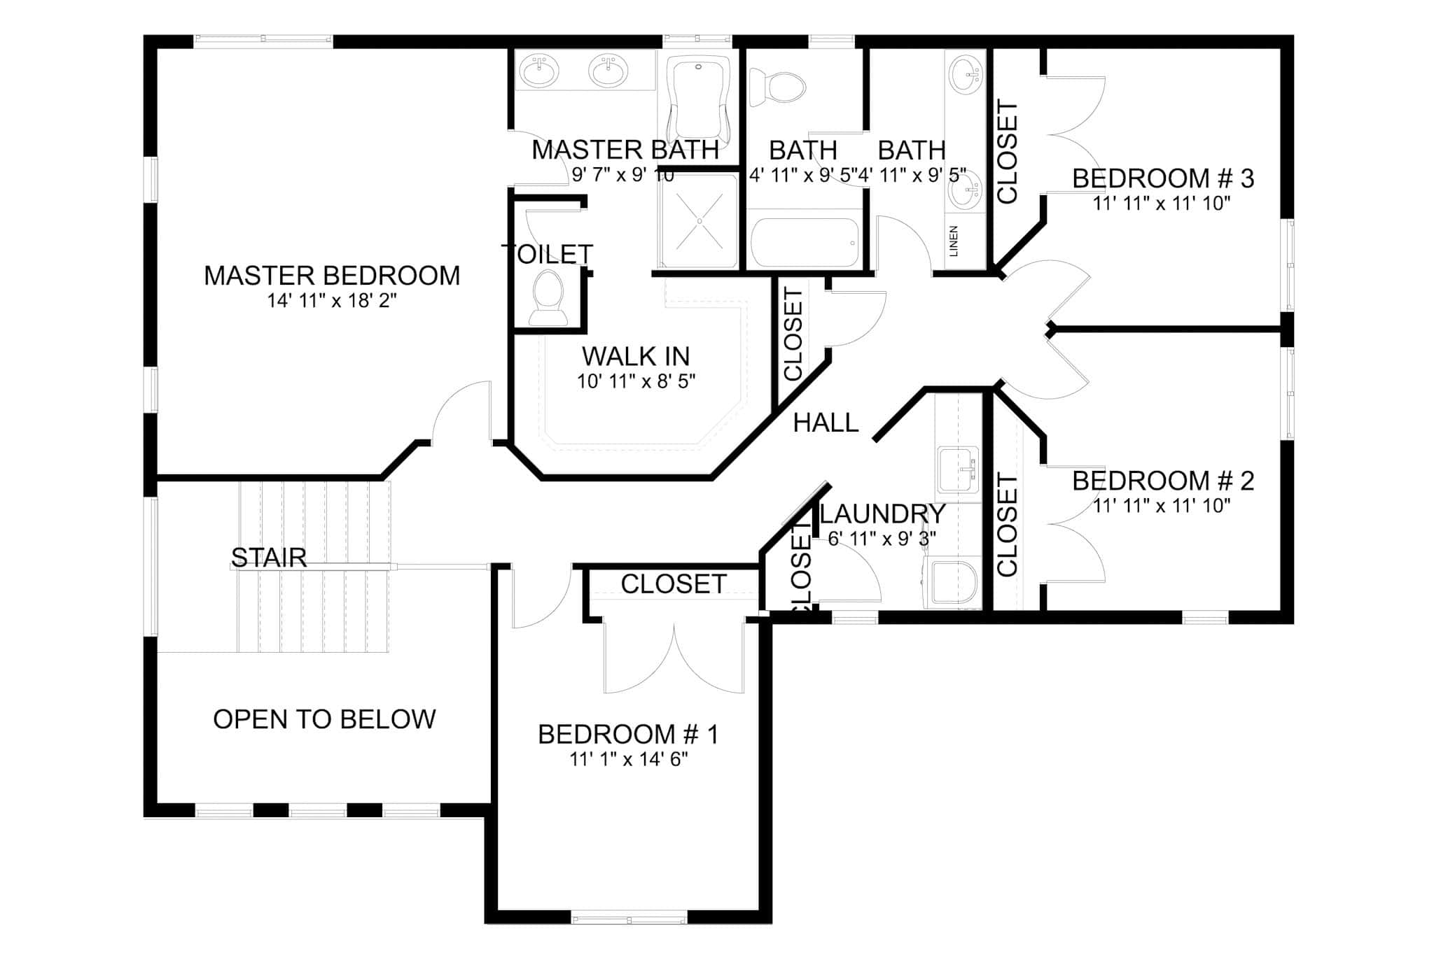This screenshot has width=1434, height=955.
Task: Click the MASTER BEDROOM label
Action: [x=332, y=276]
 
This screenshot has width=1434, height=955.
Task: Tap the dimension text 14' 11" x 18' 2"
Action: [x=332, y=301]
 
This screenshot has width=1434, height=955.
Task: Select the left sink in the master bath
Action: [x=540, y=71]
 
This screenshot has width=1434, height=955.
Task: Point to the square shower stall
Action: [x=698, y=220]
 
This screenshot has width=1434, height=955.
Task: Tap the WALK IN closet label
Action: [x=636, y=357]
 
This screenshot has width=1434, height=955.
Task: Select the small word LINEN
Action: [x=954, y=241]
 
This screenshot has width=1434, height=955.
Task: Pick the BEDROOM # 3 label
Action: [x=1162, y=178]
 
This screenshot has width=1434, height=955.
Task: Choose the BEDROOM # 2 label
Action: [x=1162, y=481]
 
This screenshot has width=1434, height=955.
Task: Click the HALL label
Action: [x=826, y=423]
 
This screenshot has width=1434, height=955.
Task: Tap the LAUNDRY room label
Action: [x=882, y=514]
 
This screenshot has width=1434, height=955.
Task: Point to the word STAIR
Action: [x=269, y=558]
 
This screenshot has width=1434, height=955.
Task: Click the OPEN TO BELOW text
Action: [x=324, y=719]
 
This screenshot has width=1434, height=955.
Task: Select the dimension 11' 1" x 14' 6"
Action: [x=628, y=760]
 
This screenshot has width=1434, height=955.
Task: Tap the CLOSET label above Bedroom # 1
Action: [x=673, y=584]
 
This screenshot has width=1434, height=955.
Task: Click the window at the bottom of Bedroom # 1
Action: [x=628, y=917]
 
